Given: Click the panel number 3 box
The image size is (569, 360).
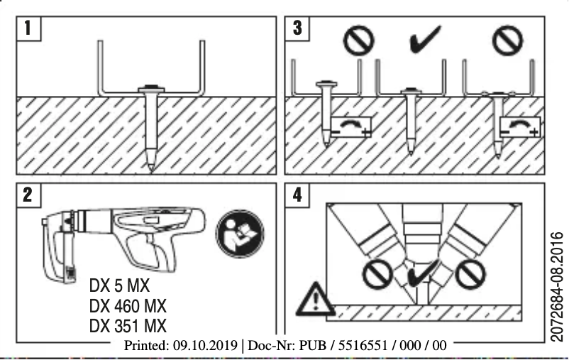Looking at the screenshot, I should pyautogui.click(x=297, y=30).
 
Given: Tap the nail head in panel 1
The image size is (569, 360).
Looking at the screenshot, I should pyautogui.click(x=151, y=91).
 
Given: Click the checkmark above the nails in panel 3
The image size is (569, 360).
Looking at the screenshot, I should pyautogui.click(x=425, y=40).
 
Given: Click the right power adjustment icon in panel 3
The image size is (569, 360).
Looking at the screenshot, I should pyautogui.click(x=519, y=126).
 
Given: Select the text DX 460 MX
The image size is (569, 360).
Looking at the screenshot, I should pyautogui.click(x=129, y=308).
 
